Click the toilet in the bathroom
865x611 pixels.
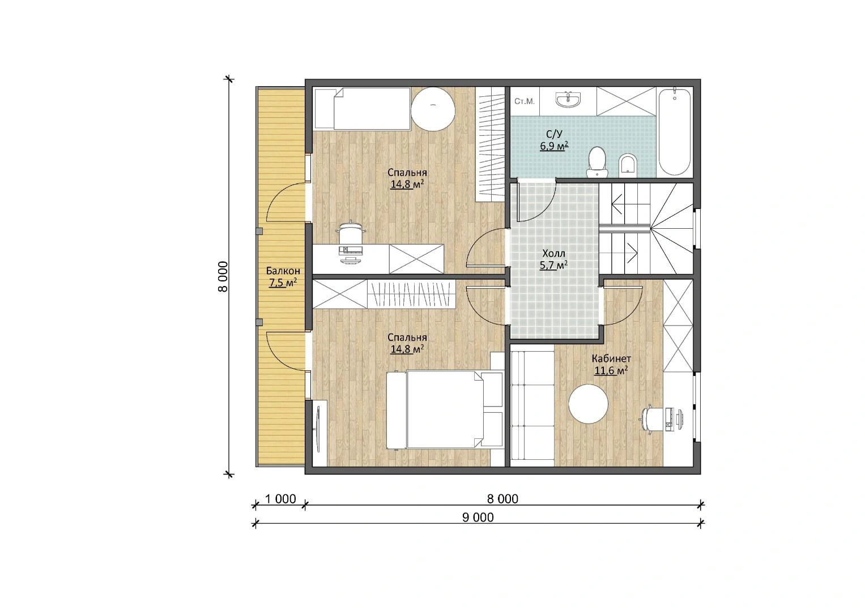coord(597,162)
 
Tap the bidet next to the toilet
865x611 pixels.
coord(628,165)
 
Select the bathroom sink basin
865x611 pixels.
coord(568,99)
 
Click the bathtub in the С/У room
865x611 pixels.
coord(674,132)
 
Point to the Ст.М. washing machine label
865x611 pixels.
coord(525,101)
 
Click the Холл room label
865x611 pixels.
coord(554,254)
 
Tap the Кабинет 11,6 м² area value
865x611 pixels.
coord(611,371)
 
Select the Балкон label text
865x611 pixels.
coord(283,271)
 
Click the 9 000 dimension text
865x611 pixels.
coord(478,517)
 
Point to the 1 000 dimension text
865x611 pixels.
coord(280,499)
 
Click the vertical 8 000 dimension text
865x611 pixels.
coord(223,277)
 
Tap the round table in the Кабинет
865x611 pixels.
coord(589,404)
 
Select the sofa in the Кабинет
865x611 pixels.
coord(532,405)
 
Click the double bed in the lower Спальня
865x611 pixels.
coord(445,409)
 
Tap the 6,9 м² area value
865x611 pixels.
coord(554,146)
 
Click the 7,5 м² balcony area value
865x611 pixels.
coord(283,283)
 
